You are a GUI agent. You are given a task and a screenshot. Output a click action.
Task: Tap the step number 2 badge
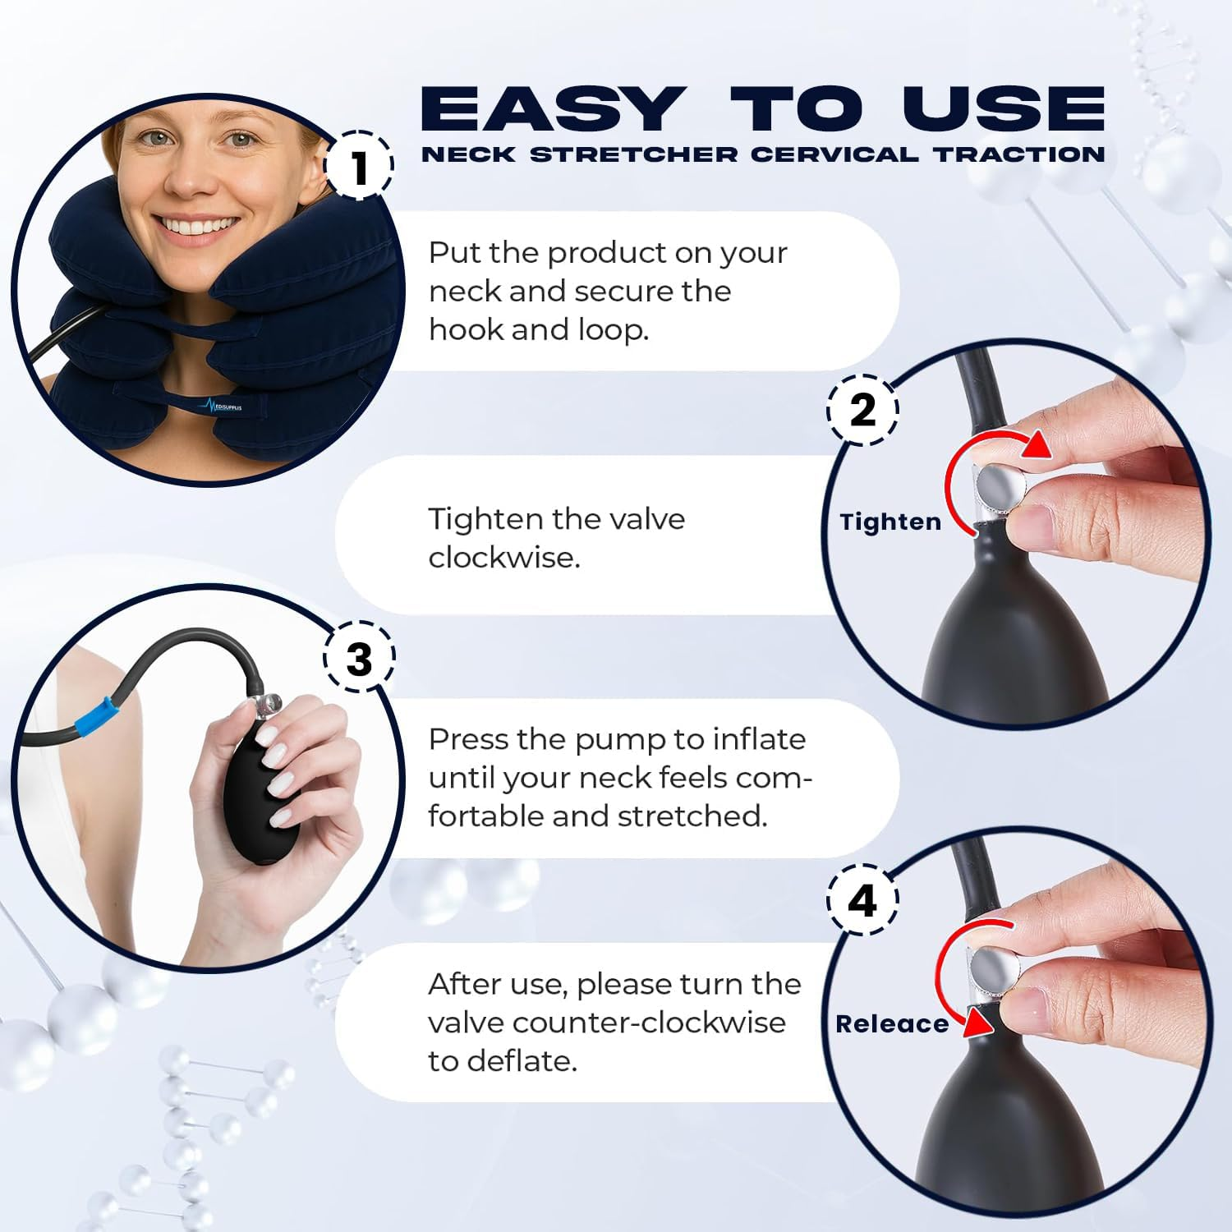coord(862,409)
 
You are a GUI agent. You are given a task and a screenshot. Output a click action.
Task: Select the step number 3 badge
coord(359,659)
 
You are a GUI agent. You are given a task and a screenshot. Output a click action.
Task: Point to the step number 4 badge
coord(862,900)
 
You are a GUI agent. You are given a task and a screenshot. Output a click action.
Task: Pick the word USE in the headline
coord(1004,109)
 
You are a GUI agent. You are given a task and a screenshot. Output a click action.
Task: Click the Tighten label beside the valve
coord(890,522)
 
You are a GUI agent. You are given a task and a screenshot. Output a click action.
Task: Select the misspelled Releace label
coord(892,1023)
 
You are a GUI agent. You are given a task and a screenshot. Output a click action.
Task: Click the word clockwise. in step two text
coord(504,558)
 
